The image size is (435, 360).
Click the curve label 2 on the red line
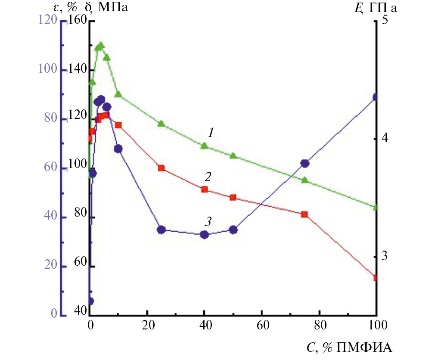point(208,177)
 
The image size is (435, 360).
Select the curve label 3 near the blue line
point(208,222)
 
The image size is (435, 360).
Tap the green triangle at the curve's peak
point(101,46)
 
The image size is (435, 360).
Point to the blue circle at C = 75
point(305,163)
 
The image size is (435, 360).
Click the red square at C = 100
point(376,278)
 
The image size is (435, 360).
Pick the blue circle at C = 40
point(205,235)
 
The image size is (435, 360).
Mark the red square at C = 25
point(162,168)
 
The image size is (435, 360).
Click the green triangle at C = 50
point(233,155)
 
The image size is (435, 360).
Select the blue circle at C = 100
point(376,97)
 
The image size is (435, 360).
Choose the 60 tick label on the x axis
point(262,323)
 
